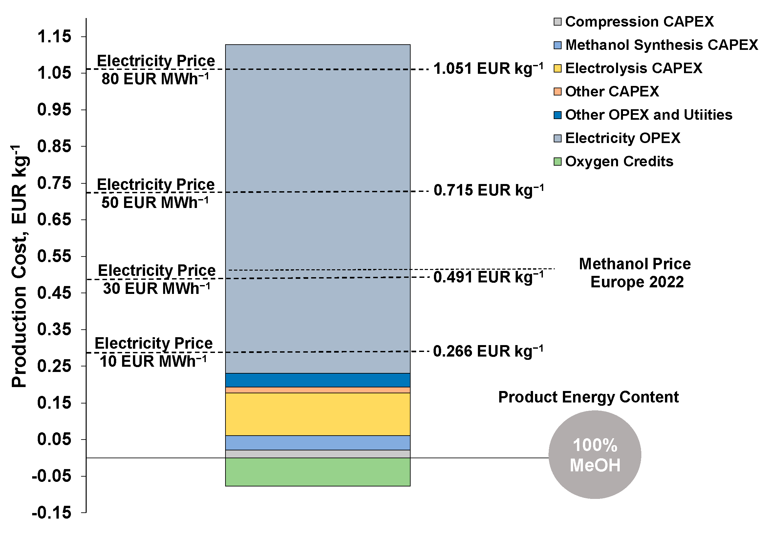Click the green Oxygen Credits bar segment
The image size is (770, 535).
pos(318,472)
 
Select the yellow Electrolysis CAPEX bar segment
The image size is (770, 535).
pos(318,414)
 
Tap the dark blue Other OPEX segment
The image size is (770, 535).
pos(318,380)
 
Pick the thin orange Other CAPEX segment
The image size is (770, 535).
pos(318,390)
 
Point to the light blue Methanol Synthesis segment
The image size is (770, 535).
pos(318,443)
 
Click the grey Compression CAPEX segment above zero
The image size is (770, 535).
pos(318,454)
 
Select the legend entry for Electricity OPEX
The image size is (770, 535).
pos(622,138)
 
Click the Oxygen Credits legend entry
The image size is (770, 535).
pos(619,162)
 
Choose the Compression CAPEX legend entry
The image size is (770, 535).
pos(639,22)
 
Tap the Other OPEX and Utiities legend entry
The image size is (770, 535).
pos(648,115)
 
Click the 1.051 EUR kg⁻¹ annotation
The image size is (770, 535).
pos(488,69)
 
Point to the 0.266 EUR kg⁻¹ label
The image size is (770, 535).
pos(488,351)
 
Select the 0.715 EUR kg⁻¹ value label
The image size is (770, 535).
pos(488,190)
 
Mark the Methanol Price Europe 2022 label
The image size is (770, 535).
pos(635,273)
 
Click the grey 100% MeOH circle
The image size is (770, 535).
pos(595,455)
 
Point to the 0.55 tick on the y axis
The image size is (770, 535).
pos(54,256)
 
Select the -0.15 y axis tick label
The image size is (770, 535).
pos(52,513)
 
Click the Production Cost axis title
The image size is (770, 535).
pos(19,266)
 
